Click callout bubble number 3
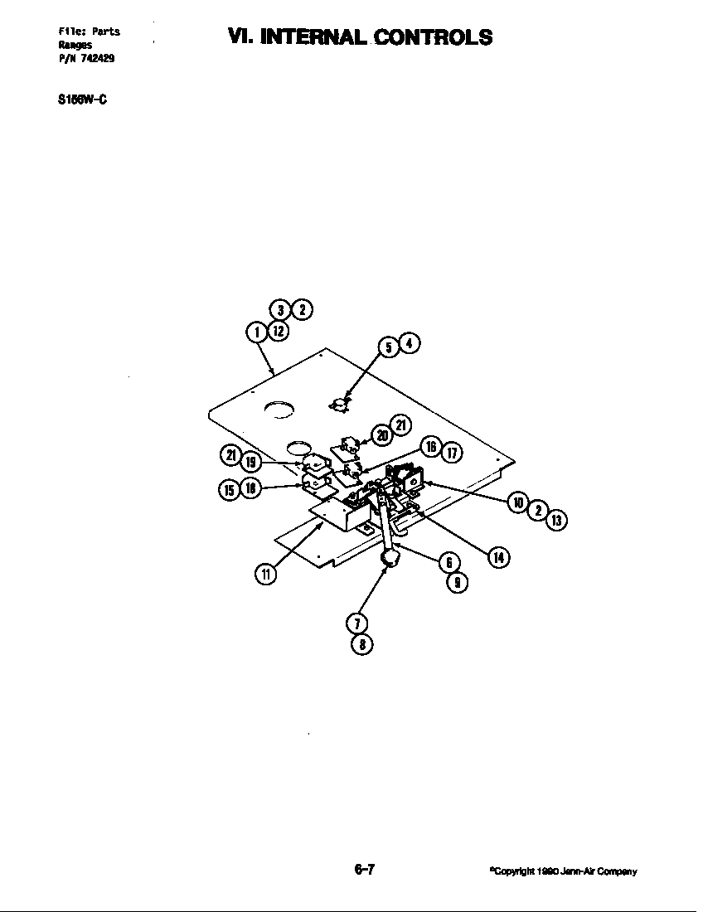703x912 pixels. tap(282, 310)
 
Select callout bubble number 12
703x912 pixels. tap(279, 331)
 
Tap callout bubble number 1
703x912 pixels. tap(257, 332)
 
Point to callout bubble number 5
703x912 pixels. tap(388, 347)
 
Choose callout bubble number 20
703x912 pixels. tap(381, 434)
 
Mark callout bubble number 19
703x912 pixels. tap(251, 462)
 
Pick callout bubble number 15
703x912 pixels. tap(229, 489)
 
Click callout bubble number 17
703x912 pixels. tap(452, 453)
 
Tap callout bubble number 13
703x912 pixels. tap(557, 520)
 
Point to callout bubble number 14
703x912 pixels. tap(498, 557)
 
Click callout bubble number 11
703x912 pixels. tap(264, 574)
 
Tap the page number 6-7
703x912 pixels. tap(365, 870)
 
